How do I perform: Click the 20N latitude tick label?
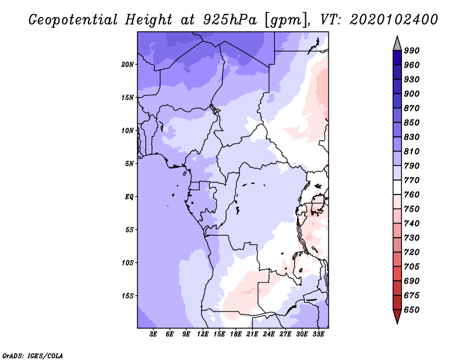pos(128,65)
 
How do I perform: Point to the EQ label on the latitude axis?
pos(129,197)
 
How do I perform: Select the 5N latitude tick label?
pos(129,164)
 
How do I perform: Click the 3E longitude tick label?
pos(153,334)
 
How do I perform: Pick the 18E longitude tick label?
pos(236,334)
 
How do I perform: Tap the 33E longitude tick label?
pos(318,334)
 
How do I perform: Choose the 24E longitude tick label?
pos(269,334)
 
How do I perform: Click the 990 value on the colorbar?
pos(412,51)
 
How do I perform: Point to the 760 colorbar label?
pos(412,195)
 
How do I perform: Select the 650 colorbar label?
pos(412,310)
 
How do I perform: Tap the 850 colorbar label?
pos(412,123)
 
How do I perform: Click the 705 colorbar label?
pos(412,267)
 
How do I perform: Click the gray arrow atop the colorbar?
pos(397,44)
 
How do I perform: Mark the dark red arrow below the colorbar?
pos(397,316)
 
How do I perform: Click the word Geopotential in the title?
pos(73,20)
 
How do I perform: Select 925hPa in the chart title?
pos(230,20)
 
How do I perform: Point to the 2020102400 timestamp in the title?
pos(394,20)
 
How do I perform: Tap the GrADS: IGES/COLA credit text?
pos(33,356)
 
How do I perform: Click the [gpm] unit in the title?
pos(286,20)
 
